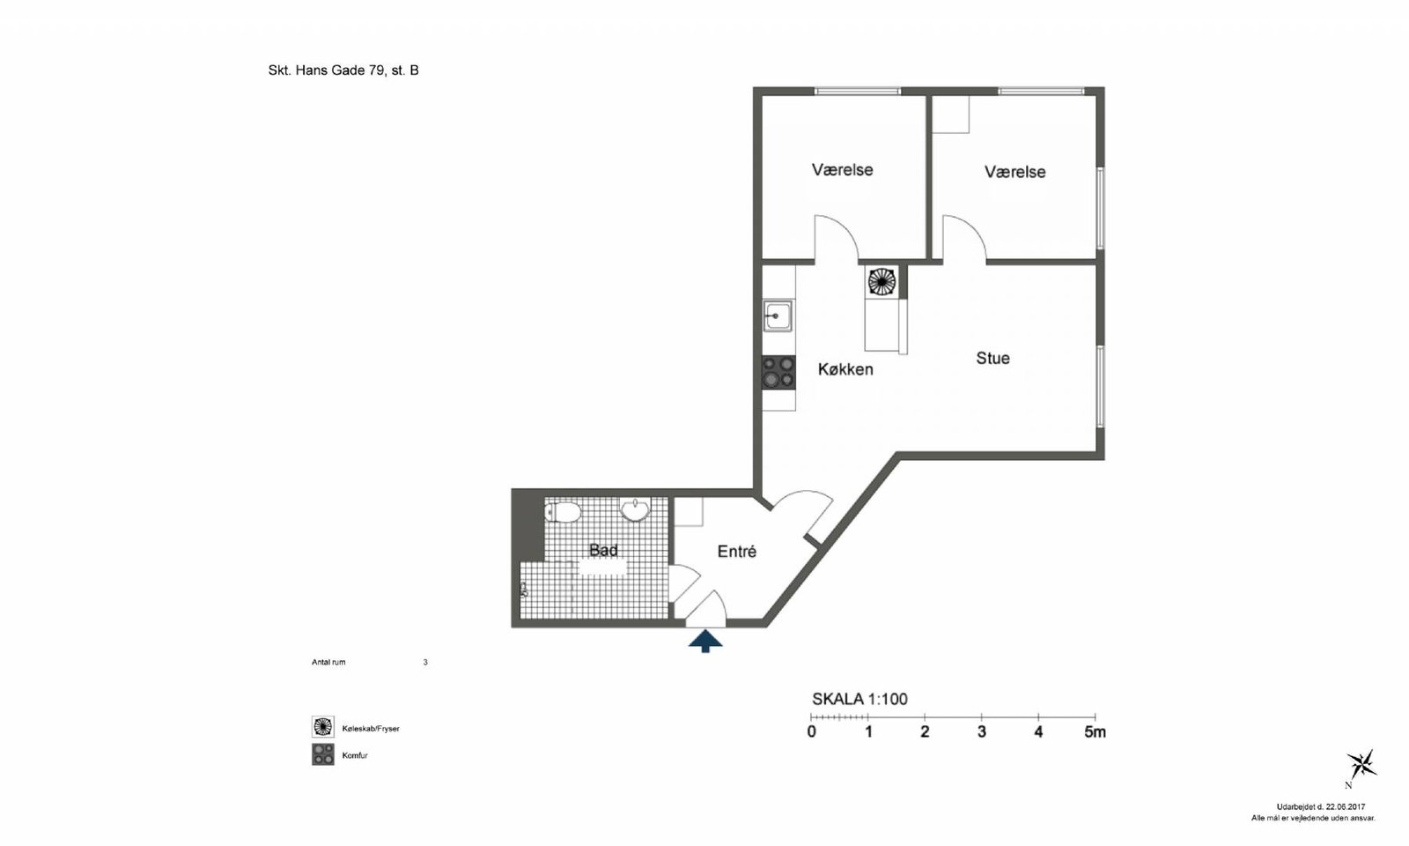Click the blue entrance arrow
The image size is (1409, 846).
click(705, 642)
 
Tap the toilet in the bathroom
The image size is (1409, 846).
click(563, 512)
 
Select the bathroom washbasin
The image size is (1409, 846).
click(635, 510)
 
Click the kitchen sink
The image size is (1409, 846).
click(778, 315)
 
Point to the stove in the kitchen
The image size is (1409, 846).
click(778, 372)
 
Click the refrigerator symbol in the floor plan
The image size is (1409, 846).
click(882, 281)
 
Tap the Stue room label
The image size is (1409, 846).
click(992, 358)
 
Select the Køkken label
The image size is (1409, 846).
click(845, 369)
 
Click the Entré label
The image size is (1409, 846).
click(736, 552)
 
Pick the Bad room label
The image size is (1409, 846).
click(603, 550)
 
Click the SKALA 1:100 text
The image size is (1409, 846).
click(859, 700)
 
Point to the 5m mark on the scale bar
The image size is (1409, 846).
click(1095, 732)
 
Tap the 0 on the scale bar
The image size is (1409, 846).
click(811, 732)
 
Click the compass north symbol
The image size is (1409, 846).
click(1361, 766)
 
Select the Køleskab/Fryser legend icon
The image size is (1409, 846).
click(322, 726)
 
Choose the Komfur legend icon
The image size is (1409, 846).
click(322, 754)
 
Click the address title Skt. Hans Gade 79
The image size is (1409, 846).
click(327, 70)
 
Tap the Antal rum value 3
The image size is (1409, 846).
click(425, 662)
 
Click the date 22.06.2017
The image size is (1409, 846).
click(1346, 806)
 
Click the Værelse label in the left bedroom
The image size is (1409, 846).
click(842, 170)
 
